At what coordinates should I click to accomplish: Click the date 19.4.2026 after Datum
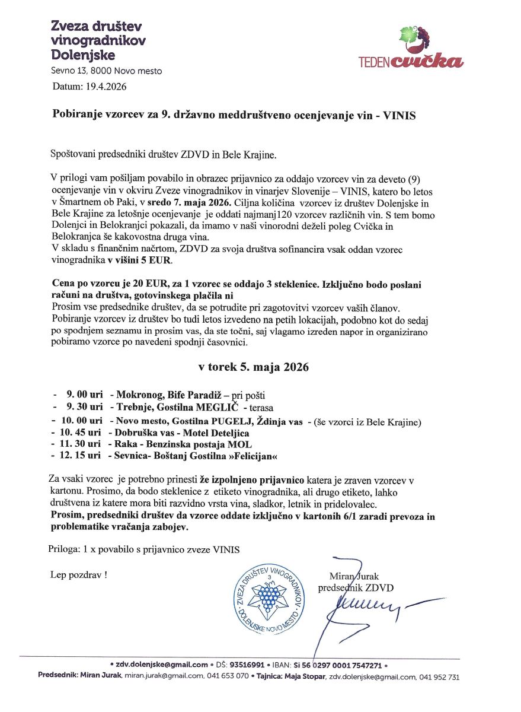point(107,87)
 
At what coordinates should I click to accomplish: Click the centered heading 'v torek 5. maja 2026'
point(253,367)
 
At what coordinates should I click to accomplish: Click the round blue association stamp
point(269,595)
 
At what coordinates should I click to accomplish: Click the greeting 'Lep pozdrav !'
point(79,575)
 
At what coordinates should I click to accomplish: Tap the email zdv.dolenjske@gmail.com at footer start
point(162,665)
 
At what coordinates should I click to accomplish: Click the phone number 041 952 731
point(439,677)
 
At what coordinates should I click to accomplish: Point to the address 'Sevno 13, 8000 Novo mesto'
point(106,71)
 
